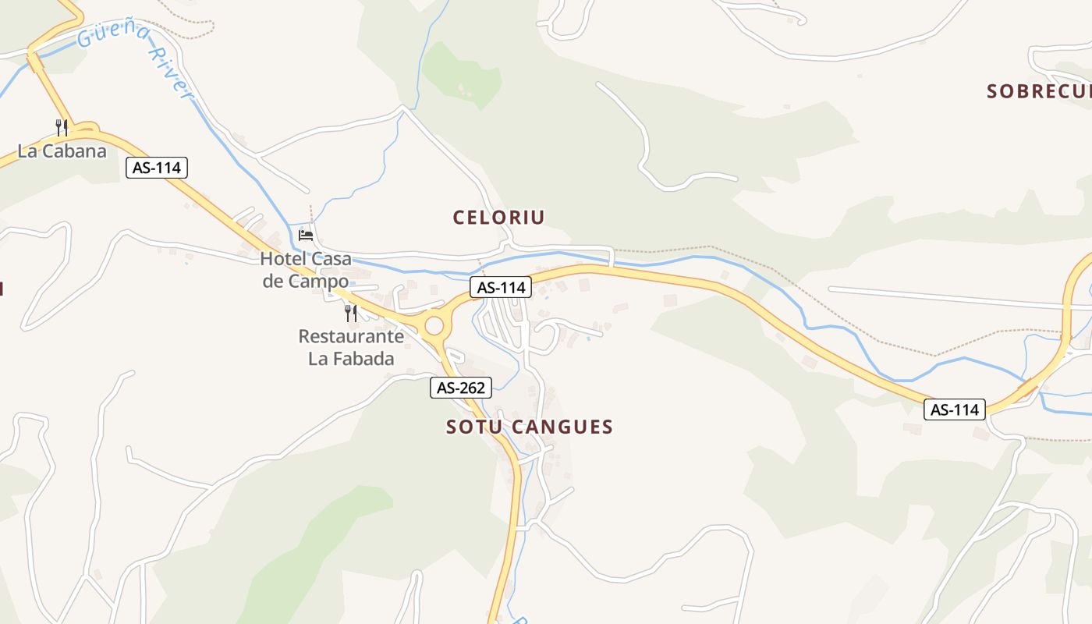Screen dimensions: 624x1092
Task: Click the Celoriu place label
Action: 498,218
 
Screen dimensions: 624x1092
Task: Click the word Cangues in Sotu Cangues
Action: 564,427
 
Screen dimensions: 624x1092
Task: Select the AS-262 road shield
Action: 461,387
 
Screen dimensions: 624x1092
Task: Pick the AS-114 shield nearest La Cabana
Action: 157,168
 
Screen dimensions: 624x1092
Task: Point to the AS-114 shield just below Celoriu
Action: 501,287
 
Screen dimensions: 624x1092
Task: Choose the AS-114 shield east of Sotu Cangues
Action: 955,409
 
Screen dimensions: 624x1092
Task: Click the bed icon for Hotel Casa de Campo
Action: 306,235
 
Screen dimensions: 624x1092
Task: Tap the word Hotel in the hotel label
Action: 284,259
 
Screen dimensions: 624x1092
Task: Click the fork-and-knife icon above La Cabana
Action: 62,127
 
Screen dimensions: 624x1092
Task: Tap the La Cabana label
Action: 62,151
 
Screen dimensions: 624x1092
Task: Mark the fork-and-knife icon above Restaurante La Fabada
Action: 351,314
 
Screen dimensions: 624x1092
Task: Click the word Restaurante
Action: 351,337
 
